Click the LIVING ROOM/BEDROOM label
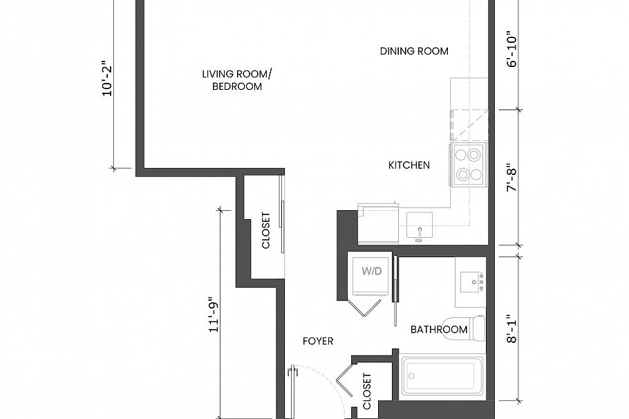[x=232, y=80]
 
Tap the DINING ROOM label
[x=414, y=51]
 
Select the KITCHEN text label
[x=409, y=165]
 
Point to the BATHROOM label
[x=439, y=330]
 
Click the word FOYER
[x=318, y=342]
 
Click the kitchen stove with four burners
[x=467, y=165]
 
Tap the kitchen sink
[x=419, y=226]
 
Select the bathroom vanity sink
[x=472, y=282]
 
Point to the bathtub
[x=441, y=379]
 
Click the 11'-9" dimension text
[x=213, y=315]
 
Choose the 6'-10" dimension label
[x=512, y=52]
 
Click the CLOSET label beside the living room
[x=265, y=230]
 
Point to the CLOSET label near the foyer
[x=366, y=392]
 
